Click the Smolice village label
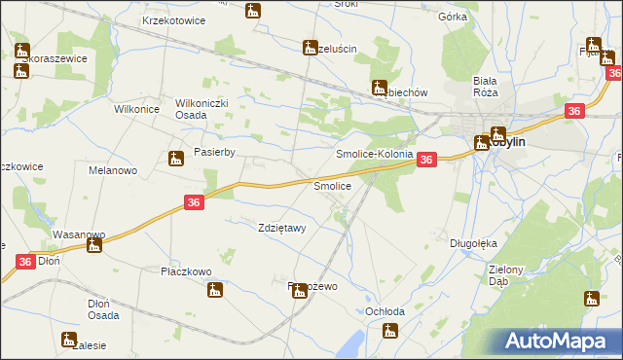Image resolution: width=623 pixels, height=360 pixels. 331,185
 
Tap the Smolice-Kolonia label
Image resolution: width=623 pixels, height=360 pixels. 374,154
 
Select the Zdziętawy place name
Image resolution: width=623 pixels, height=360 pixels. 282,229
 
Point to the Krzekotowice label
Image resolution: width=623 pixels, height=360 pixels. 172,20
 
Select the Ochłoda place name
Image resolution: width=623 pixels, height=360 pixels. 384,311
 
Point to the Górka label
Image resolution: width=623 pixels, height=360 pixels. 453,18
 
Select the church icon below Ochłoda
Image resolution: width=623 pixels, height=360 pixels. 390,331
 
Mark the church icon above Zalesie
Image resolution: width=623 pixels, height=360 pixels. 68,340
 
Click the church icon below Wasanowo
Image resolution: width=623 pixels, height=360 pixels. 93,245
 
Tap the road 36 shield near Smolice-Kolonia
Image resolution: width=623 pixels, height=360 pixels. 426,161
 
